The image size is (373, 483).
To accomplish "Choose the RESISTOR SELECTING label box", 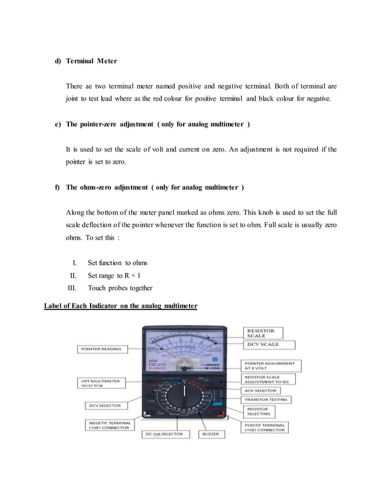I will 262,412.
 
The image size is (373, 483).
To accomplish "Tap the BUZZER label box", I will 210,434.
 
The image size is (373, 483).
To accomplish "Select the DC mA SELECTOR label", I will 164,434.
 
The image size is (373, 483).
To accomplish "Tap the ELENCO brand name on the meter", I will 157,368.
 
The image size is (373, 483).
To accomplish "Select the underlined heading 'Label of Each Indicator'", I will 120,306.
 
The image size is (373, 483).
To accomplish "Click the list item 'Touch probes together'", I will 120,288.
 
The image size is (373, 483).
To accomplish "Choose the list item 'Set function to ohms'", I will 118,263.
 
